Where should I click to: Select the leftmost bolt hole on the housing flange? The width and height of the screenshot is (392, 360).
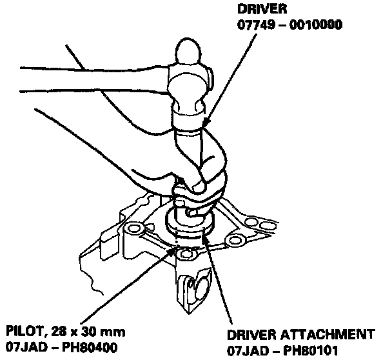coord(135,229)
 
